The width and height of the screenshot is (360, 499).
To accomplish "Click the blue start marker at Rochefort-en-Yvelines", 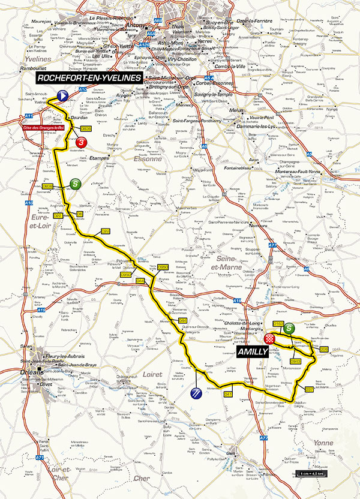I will (x=62, y=94).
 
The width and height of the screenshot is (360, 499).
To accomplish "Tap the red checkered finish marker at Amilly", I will (x=269, y=339).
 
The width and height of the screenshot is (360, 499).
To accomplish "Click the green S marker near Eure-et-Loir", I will (x=75, y=184).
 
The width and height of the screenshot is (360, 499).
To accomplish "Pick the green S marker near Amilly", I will (x=289, y=328).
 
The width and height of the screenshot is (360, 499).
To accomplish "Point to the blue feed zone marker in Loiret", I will (x=195, y=393).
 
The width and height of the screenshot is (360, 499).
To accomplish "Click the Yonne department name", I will (x=323, y=443).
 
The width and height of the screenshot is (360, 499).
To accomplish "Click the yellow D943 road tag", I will (x=295, y=360).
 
